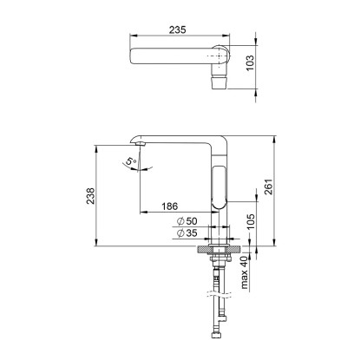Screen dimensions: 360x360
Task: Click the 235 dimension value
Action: (178, 29)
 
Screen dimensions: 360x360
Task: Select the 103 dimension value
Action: (250, 62)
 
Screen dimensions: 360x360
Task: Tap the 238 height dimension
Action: (90, 196)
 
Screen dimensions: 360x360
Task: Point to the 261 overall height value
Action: (268, 187)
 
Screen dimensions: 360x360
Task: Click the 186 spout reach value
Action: (169, 206)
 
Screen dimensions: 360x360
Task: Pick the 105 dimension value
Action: (251, 221)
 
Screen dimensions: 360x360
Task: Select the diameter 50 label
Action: (187, 221)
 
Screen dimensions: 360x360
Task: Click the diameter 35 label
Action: (187, 232)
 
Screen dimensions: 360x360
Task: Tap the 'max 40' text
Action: (245, 272)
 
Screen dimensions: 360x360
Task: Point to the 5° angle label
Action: (131, 161)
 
